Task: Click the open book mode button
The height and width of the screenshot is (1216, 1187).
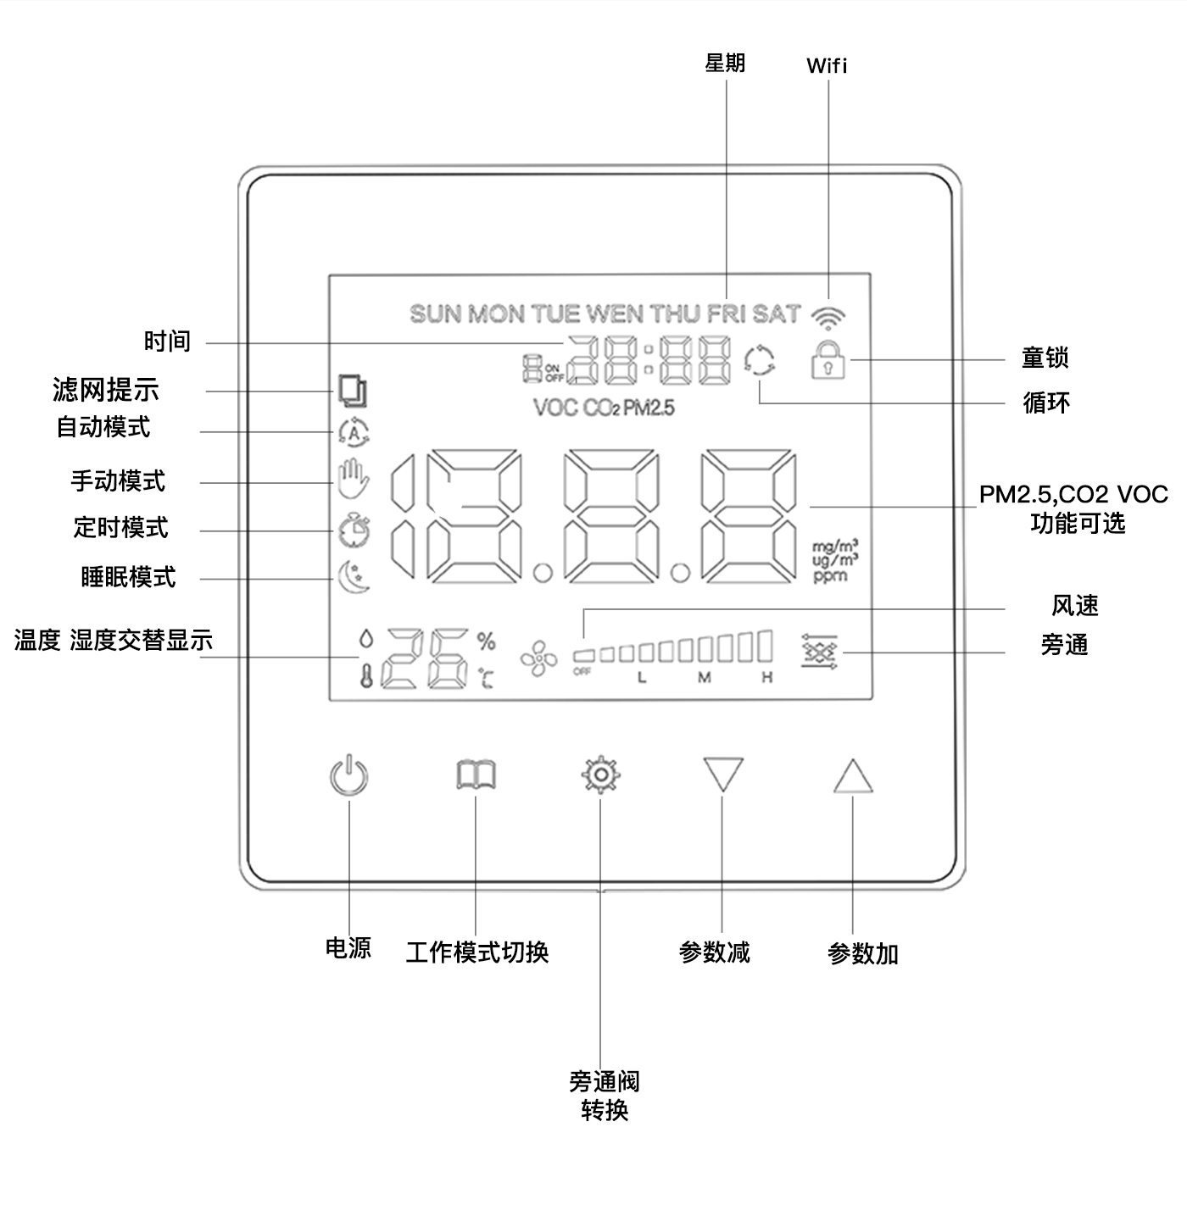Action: (x=476, y=775)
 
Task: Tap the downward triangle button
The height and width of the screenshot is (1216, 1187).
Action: (x=722, y=775)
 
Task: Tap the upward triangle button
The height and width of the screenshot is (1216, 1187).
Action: (x=852, y=776)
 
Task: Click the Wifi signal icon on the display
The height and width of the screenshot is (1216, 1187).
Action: (x=828, y=314)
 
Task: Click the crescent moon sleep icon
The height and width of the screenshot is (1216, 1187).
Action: (x=353, y=577)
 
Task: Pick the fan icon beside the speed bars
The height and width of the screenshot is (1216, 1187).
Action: (x=539, y=658)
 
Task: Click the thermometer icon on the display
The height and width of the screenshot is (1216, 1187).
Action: (x=366, y=675)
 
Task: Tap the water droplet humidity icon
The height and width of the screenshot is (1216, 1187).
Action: (x=365, y=639)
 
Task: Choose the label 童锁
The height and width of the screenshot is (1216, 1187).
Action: (x=1045, y=358)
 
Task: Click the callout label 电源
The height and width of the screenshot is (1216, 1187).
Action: (x=348, y=947)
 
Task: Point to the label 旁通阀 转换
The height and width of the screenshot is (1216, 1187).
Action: (x=604, y=1096)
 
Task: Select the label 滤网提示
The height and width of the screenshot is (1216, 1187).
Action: (x=106, y=391)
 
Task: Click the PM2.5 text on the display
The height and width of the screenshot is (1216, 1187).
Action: (x=649, y=408)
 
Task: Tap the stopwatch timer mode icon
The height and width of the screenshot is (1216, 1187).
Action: (x=353, y=530)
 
